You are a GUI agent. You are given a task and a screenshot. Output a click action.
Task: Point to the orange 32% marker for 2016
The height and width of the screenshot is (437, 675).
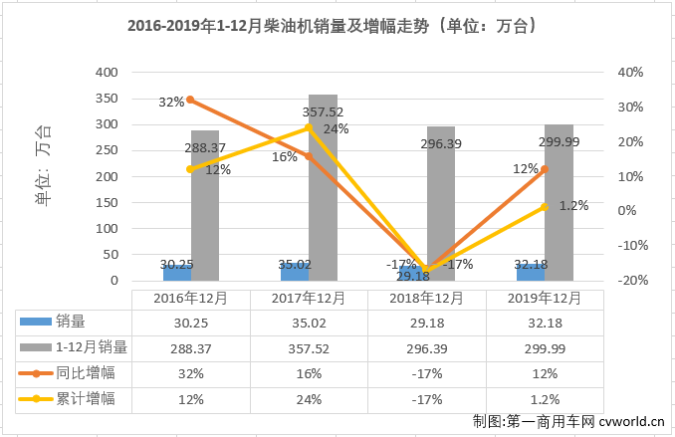(190, 100)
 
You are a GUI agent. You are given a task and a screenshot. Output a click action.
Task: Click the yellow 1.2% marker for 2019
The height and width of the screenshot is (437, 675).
(544, 206)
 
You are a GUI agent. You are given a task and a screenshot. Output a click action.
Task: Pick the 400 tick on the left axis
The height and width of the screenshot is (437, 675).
(106, 73)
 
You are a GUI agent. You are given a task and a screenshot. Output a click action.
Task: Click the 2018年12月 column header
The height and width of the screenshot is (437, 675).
(426, 299)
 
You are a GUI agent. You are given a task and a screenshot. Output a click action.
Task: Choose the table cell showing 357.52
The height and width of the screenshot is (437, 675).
(309, 347)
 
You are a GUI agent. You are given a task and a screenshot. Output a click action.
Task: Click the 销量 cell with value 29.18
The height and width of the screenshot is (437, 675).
(426, 323)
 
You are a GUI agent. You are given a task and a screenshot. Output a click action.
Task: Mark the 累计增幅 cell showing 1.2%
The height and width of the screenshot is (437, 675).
(545, 398)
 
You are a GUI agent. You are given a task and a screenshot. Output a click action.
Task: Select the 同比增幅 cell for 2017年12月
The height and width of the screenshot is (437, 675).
(309, 373)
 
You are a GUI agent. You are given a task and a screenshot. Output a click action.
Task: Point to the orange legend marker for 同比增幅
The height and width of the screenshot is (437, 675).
(36, 373)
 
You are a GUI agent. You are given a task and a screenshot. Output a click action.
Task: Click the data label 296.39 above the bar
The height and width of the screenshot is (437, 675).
(441, 144)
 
